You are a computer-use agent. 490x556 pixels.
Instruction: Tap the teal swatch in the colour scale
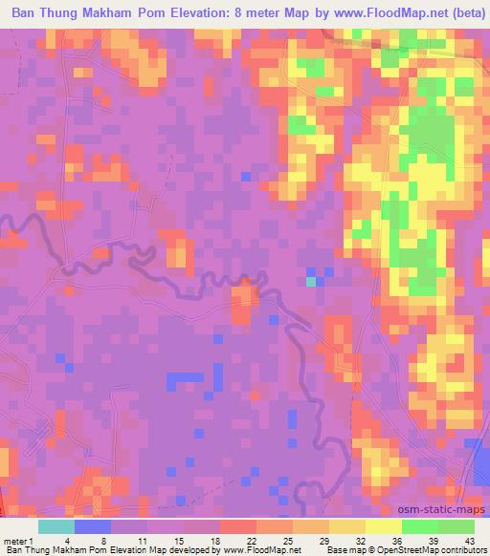click(56, 526)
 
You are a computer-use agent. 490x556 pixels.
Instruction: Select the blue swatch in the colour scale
click(92, 526)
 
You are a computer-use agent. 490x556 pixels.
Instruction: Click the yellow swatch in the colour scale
click(383, 526)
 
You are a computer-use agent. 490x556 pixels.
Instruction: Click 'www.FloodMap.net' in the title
click(373, 14)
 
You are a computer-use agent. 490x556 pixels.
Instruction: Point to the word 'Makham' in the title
click(133, 14)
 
